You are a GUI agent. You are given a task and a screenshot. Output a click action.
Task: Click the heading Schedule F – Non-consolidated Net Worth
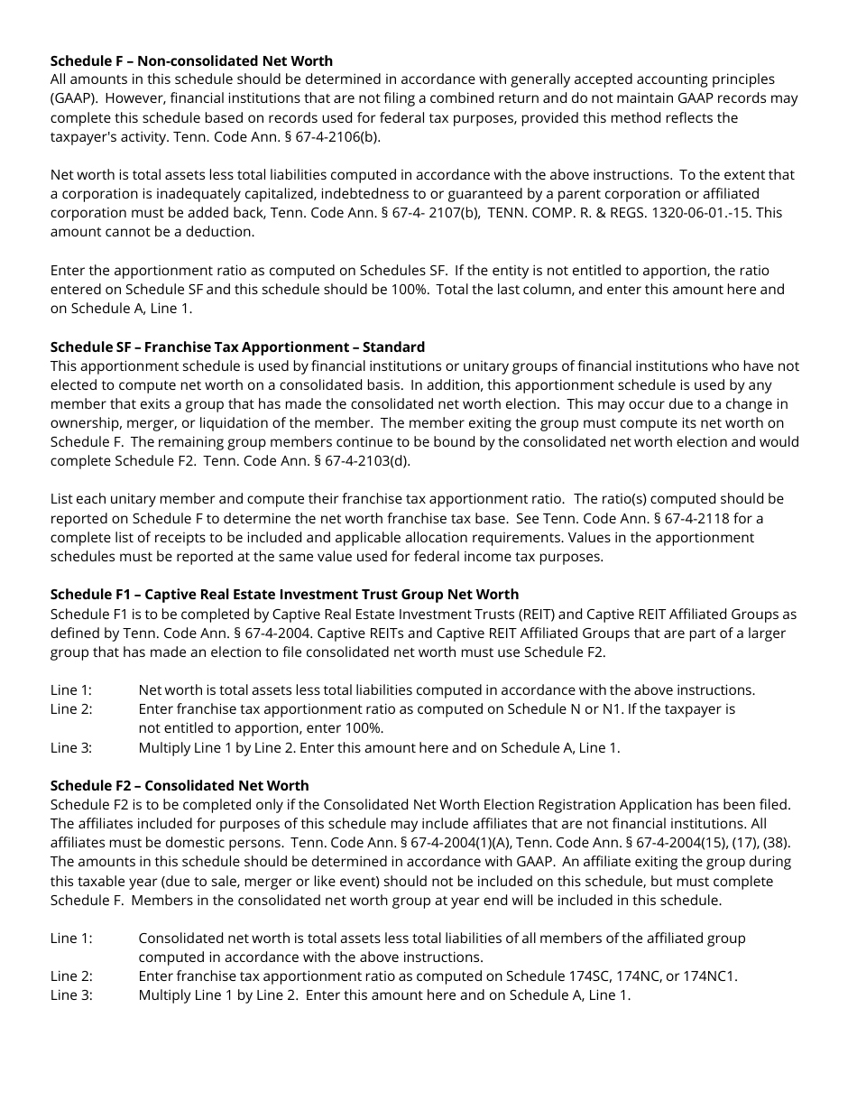191,60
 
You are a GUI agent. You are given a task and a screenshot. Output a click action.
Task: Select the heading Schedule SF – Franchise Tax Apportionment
237,347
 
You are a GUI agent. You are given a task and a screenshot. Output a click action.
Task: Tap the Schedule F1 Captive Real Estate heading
284,594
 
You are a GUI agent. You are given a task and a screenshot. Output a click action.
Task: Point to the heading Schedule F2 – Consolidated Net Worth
180,785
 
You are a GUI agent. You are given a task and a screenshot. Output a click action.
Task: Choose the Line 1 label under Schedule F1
71,690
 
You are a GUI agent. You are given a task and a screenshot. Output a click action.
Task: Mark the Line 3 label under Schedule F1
71,747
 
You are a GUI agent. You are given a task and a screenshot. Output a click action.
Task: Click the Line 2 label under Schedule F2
71,976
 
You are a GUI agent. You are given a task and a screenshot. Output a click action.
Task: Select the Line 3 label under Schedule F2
71,995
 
